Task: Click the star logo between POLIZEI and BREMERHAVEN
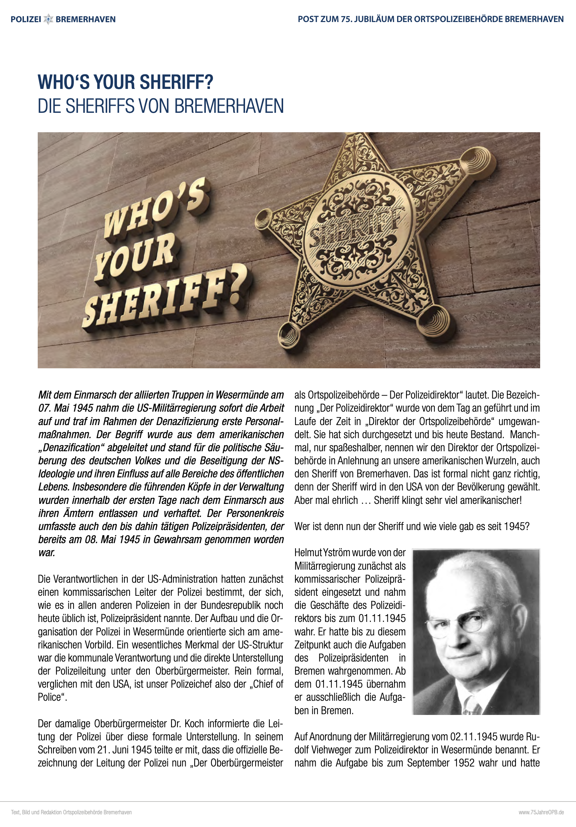click(49, 19)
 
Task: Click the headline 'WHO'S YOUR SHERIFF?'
click(126, 82)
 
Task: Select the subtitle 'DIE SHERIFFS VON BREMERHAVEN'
click(161, 106)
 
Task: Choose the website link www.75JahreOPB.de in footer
click(541, 812)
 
